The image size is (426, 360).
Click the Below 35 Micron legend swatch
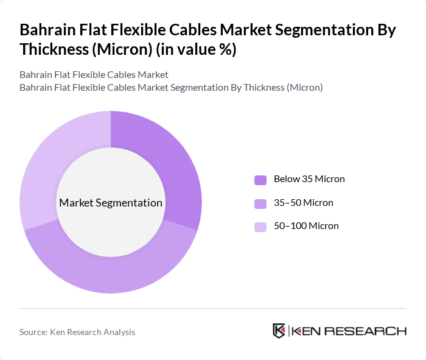(x=260, y=180)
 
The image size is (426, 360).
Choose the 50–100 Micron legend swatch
(x=260, y=227)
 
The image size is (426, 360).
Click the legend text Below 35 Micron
(x=309, y=179)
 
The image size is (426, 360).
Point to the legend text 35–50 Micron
(x=303, y=203)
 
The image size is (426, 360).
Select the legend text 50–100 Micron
(x=306, y=226)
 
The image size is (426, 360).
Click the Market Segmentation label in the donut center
(x=111, y=203)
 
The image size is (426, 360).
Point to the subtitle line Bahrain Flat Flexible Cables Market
(x=94, y=74)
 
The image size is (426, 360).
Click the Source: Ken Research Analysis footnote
(x=77, y=332)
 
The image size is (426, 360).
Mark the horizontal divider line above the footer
(x=213, y=308)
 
